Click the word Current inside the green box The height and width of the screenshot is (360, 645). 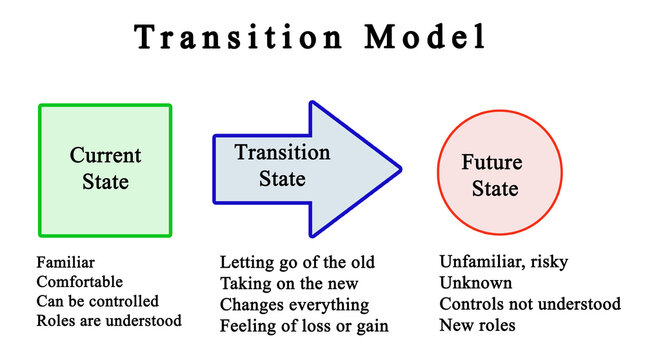(105, 155)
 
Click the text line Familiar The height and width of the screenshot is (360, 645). (66, 262)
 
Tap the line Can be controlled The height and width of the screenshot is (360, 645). (98, 301)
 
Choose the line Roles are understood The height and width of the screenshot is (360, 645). (109, 321)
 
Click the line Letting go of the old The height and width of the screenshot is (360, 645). (297, 263)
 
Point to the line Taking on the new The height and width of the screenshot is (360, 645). (289, 283)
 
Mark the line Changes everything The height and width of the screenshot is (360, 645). (294, 304)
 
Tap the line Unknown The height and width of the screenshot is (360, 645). (475, 283)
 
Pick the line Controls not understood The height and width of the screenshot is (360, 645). (530, 304)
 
